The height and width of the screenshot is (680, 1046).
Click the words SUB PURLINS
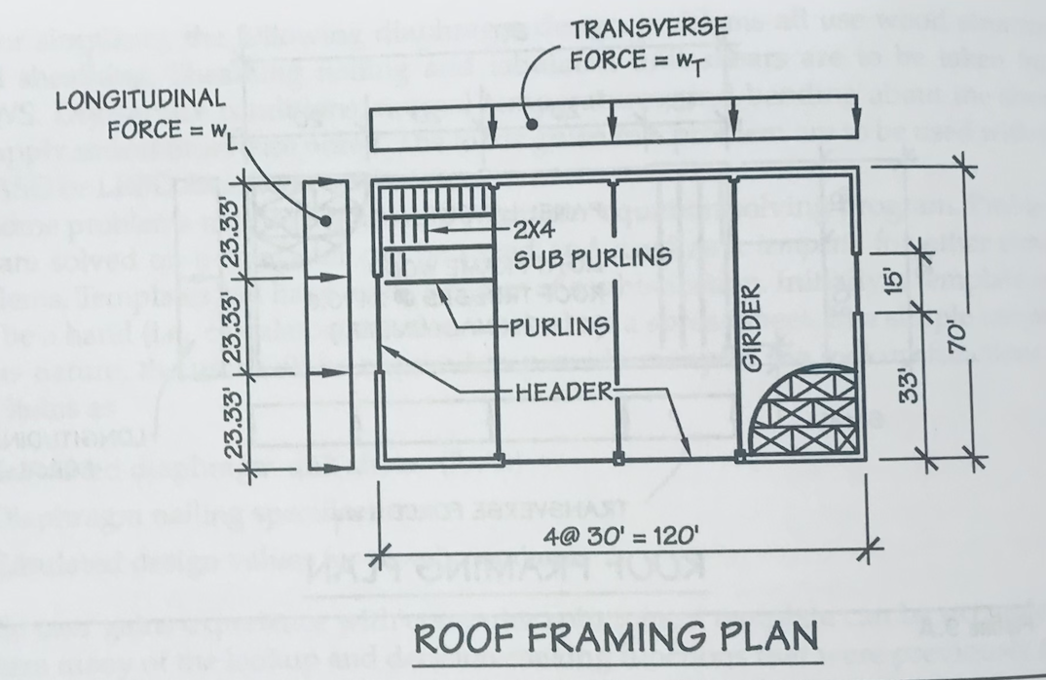pos(591,259)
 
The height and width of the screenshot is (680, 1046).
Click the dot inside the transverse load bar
pos(532,123)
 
